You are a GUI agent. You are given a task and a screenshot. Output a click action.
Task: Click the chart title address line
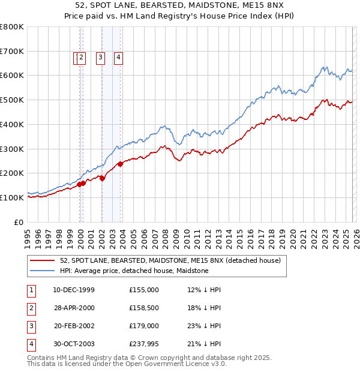[179, 5]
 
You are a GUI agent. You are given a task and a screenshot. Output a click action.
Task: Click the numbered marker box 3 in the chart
[100, 58]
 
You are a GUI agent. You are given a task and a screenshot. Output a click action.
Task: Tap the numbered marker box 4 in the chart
[119, 58]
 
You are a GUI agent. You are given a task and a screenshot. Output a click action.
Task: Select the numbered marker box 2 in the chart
[82, 58]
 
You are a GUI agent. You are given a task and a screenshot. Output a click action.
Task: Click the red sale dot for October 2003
[121, 163]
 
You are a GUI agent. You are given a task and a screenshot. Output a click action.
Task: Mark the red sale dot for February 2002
[103, 178]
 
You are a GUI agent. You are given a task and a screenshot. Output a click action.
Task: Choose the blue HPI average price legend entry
[134, 271]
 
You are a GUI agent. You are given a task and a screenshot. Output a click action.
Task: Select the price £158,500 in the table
[143, 308]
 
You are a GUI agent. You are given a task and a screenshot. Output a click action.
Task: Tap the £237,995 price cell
[143, 344]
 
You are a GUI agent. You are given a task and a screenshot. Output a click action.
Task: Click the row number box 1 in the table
[30, 290]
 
